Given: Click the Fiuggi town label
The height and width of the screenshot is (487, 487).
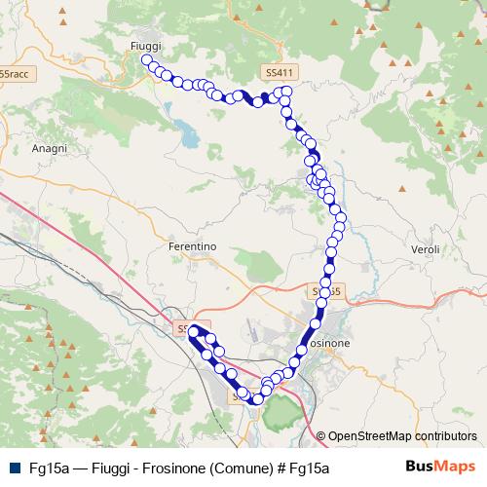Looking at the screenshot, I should (145, 46).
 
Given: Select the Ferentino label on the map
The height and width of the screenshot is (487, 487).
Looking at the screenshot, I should (192, 247).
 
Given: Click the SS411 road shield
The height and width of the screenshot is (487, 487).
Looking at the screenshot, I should (278, 73).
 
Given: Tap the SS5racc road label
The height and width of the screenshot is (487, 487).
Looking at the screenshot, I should (15, 74).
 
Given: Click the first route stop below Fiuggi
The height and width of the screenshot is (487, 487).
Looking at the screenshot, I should (147, 60).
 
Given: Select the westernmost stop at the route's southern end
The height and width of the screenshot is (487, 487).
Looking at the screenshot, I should (192, 332).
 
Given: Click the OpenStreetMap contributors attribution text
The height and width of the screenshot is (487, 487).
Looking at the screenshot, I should (402, 436).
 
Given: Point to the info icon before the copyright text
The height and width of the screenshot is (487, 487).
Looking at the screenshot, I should (320, 436).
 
